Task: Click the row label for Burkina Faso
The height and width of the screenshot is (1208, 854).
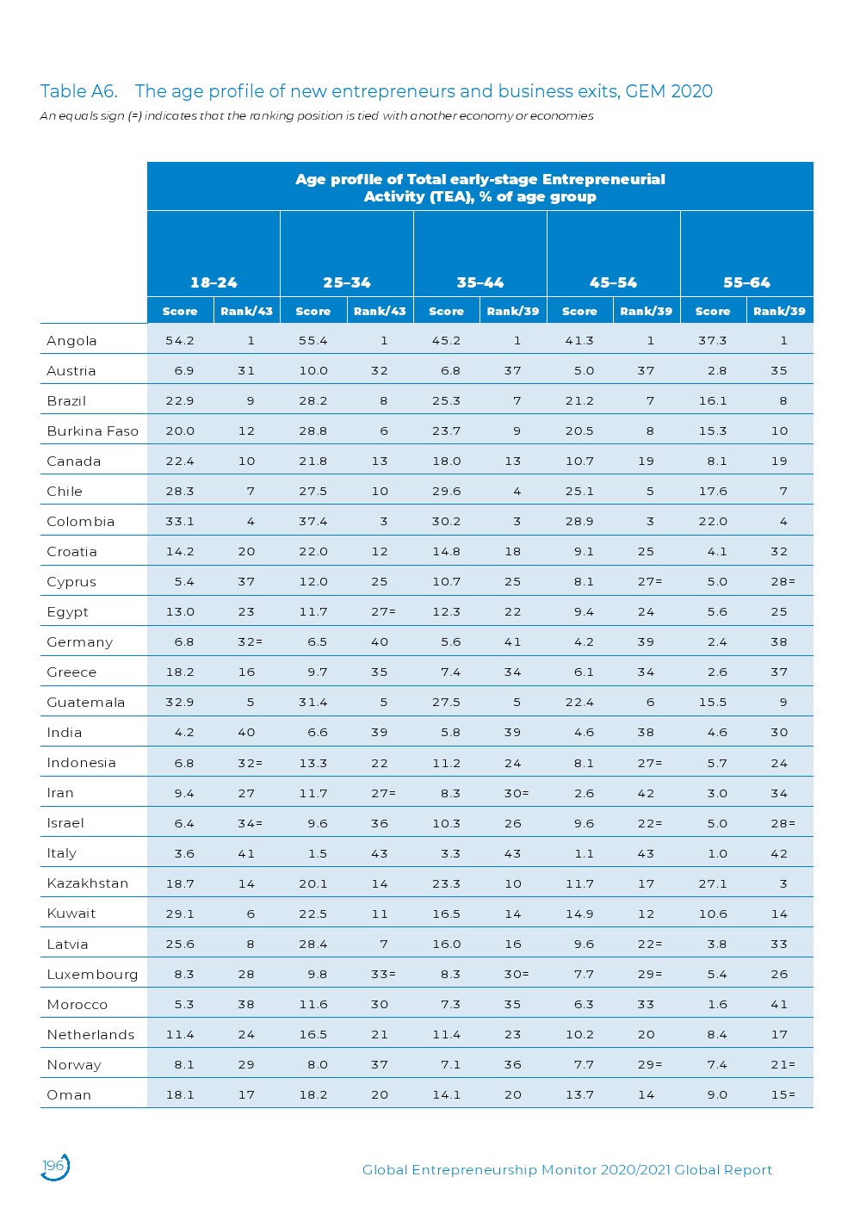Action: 92,431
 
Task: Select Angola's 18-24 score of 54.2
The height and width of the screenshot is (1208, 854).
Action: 180,341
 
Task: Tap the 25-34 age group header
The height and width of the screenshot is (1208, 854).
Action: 347,282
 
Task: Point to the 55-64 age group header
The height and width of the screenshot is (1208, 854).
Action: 746,282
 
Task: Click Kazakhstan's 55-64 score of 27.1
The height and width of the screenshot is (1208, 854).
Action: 713,883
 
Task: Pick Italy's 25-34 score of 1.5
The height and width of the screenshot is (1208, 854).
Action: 318,853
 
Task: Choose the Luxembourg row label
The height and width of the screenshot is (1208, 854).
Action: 92,975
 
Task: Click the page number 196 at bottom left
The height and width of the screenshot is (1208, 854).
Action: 53,1166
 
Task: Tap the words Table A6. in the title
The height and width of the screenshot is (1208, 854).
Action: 78,91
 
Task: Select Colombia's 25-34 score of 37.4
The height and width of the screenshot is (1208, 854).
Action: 313,522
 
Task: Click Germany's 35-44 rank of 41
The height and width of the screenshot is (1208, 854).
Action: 513,642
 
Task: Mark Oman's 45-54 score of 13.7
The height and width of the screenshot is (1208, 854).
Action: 579,1095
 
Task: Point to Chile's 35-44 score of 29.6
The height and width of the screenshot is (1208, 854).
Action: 447,492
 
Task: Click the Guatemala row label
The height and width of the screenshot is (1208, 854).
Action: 86,703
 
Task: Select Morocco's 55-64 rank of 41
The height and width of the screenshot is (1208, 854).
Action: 779,1005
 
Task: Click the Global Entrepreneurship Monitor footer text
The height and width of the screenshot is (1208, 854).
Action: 566,1169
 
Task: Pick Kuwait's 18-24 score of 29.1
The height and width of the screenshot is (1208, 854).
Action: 180,914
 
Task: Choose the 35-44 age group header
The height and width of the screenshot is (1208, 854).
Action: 480,282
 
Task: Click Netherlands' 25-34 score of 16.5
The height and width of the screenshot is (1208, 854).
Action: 313,1035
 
